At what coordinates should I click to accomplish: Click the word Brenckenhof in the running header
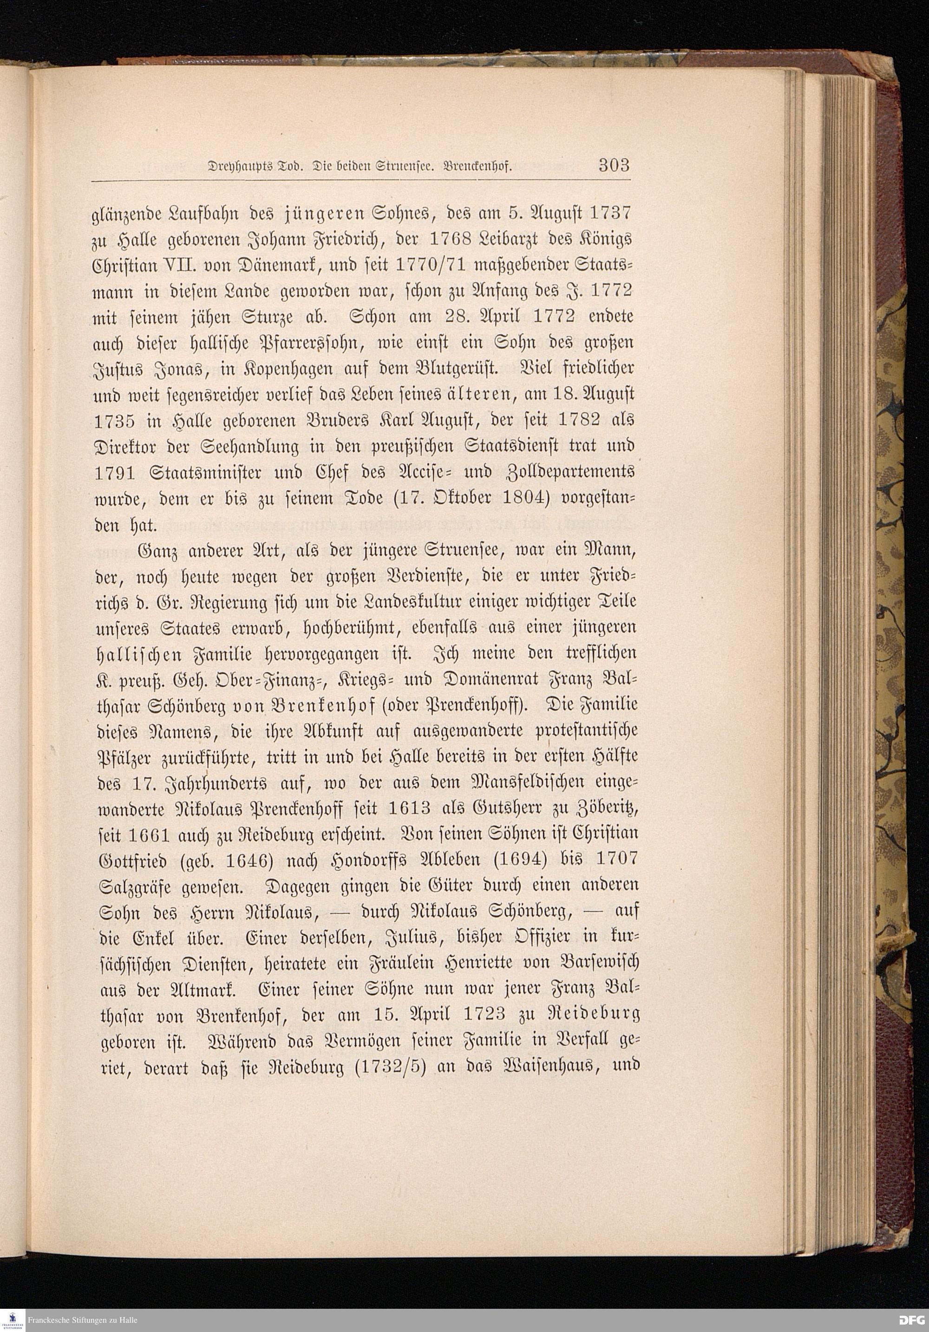[477, 167]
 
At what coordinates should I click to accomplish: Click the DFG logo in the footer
[912, 1320]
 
